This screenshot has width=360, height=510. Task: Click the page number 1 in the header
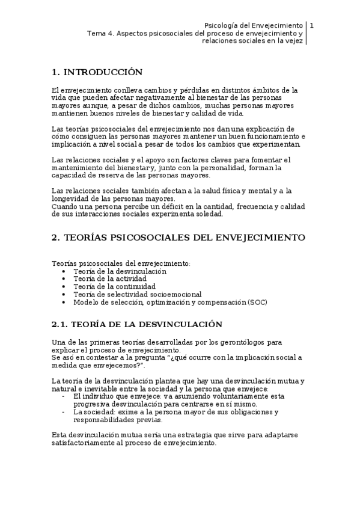tap(312, 25)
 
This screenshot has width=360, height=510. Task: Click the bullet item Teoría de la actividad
tap(107, 279)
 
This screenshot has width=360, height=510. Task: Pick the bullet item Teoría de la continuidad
tap(111, 287)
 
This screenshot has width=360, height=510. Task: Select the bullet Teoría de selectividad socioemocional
tap(137, 295)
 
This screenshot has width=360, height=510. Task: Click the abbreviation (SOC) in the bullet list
tap(257, 303)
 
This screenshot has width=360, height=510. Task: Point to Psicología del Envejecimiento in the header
tap(253, 25)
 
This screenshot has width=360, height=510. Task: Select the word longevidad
tap(72, 199)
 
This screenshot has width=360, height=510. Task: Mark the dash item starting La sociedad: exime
tap(174, 413)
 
